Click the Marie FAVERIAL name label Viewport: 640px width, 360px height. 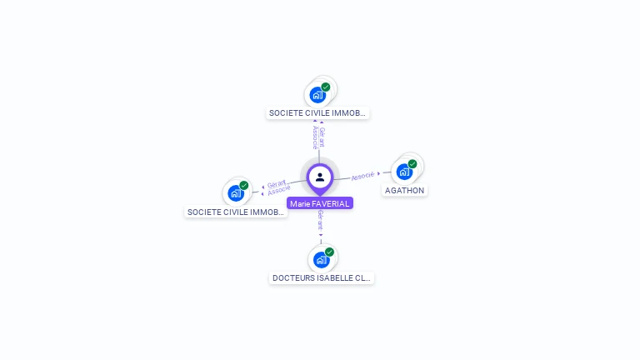click(x=320, y=203)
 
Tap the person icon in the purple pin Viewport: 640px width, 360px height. click(x=320, y=177)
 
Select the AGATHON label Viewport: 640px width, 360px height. click(x=404, y=191)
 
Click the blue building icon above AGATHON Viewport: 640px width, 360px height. click(x=404, y=172)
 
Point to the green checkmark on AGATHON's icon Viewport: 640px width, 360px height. click(x=412, y=164)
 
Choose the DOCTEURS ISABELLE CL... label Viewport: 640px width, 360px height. click(x=322, y=278)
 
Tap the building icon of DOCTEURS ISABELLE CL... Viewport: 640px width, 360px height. click(x=321, y=260)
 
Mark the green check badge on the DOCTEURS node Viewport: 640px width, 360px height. click(x=329, y=252)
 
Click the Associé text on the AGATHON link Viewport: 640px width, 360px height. click(x=362, y=177)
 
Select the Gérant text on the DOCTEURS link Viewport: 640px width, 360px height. click(x=321, y=221)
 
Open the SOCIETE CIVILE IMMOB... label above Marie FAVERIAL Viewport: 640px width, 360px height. click(x=317, y=112)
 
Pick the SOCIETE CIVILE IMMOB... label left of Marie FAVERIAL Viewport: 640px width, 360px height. click(x=236, y=212)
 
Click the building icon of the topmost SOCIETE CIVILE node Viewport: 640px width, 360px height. click(x=317, y=95)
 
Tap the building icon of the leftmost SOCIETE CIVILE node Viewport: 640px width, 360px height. click(x=236, y=194)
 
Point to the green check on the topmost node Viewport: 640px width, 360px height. click(x=326, y=87)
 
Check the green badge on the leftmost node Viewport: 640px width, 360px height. click(x=244, y=186)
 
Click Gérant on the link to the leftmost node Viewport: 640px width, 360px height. click(x=277, y=183)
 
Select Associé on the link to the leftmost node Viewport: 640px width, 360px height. click(x=279, y=191)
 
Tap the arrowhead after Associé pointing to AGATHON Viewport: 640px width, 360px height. click(x=379, y=174)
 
